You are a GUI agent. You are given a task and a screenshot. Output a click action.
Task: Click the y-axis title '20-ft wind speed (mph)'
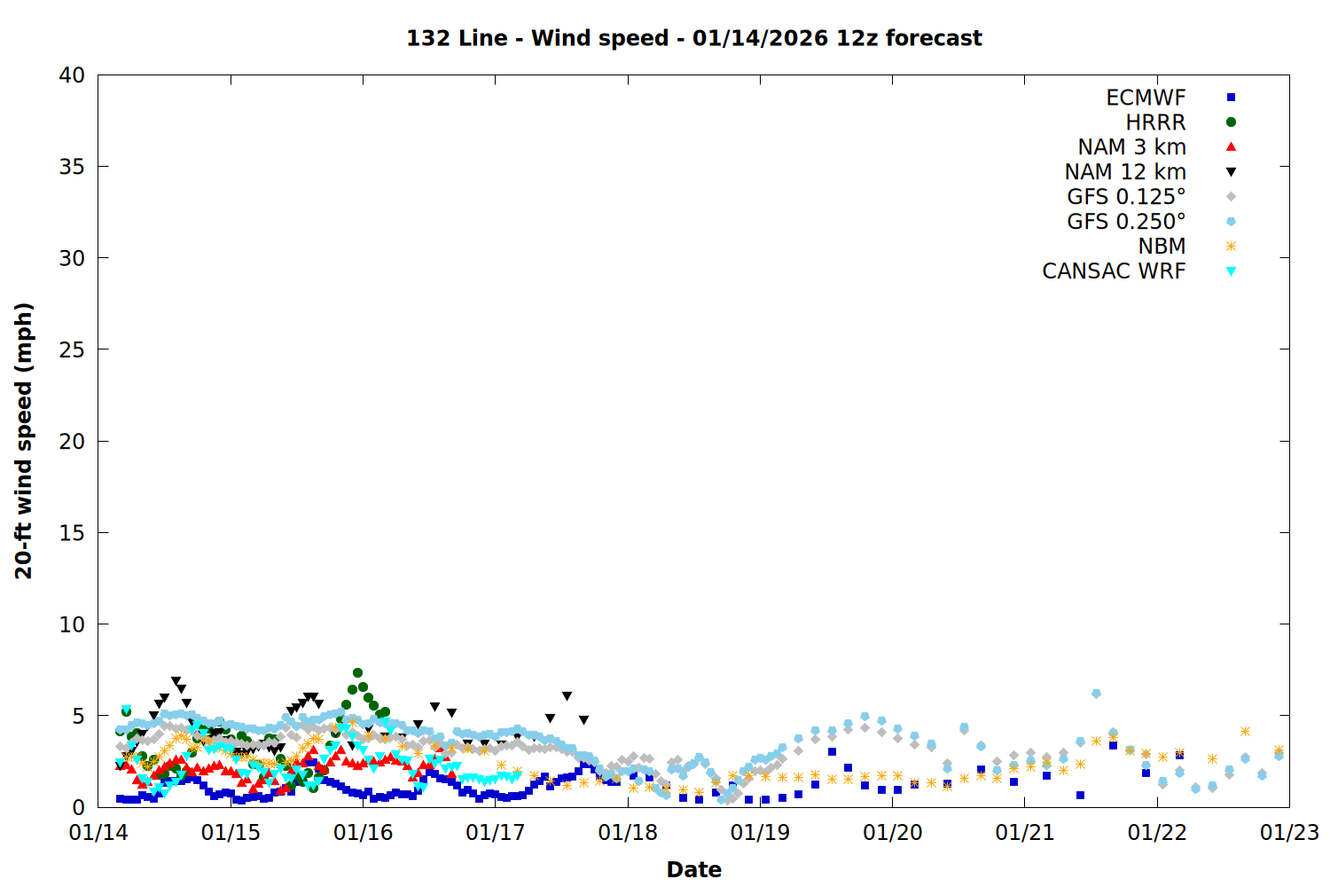pyautogui.click(x=24, y=441)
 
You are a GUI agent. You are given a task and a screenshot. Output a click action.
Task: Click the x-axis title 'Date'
pyautogui.click(x=693, y=869)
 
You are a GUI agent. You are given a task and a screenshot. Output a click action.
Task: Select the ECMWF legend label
pyautogui.click(x=1146, y=98)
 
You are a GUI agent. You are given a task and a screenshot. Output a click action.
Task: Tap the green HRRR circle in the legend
pyautogui.click(x=1231, y=122)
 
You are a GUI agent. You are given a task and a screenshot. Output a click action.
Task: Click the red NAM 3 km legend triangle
pyautogui.click(x=1231, y=147)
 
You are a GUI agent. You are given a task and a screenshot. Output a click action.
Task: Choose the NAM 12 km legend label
pyautogui.click(x=1125, y=172)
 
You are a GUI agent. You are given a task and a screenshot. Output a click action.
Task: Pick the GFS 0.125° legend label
pyautogui.click(x=1126, y=197)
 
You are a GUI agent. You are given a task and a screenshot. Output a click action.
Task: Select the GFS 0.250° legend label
pyautogui.click(x=1126, y=222)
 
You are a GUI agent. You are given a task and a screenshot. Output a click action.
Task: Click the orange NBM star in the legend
pyautogui.click(x=1231, y=247)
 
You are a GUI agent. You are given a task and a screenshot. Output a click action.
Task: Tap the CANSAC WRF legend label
pyautogui.click(x=1114, y=271)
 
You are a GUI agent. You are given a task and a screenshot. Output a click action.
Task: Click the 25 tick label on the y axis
pyautogui.click(x=73, y=349)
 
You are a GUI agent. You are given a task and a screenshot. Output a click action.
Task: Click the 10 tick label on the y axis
pyautogui.click(x=73, y=624)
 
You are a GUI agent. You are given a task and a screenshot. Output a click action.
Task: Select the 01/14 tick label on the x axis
pyautogui.click(x=98, y=833)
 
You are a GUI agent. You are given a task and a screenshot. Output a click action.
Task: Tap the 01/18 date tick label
pyautogui.click(x=628, y=833)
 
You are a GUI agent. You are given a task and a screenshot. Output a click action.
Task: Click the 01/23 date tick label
pyautogui.click(x=1289, y=833)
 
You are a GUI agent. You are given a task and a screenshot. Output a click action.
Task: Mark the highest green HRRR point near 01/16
pyautogui.click(x=357, y=673)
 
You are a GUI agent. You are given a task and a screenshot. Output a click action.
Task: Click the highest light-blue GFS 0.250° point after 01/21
pyautogui.click(x=1097, y=694)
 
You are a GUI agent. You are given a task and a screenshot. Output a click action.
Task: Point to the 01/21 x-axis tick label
pyautogui.click(x=1025, y=833)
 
